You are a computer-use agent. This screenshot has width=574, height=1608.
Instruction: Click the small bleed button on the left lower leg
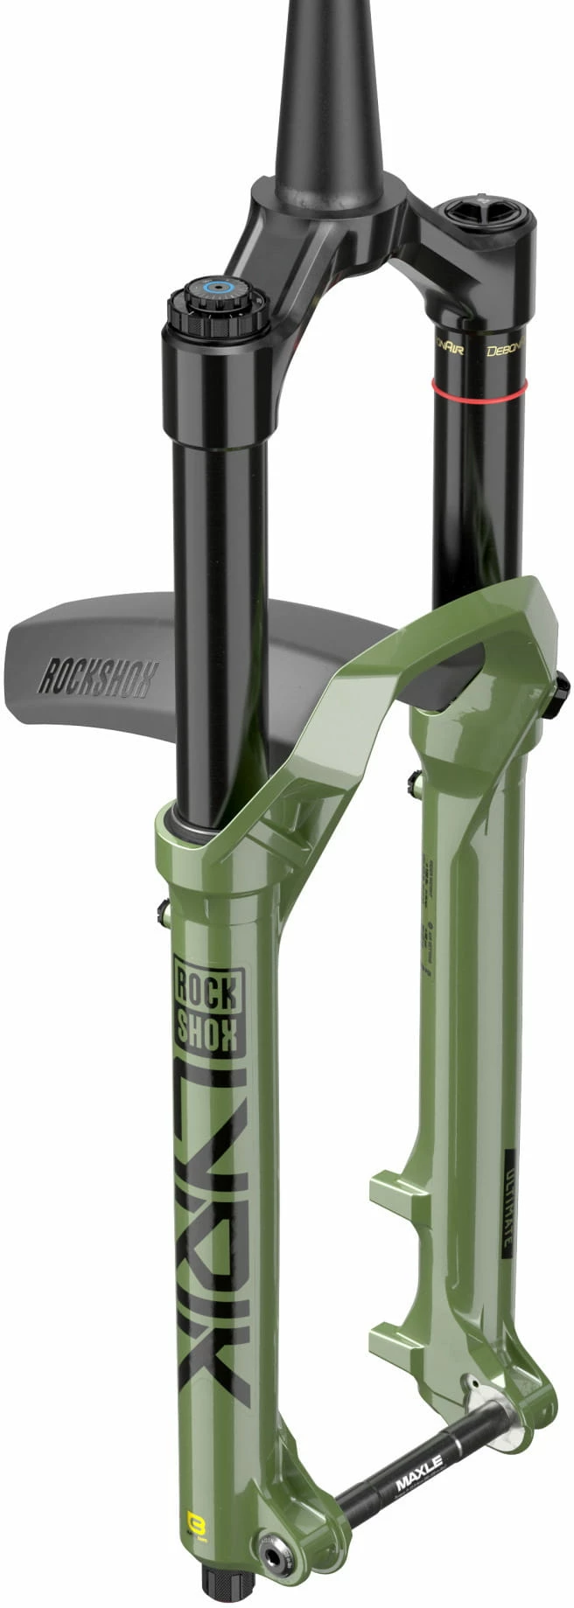(x=163, y=914)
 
